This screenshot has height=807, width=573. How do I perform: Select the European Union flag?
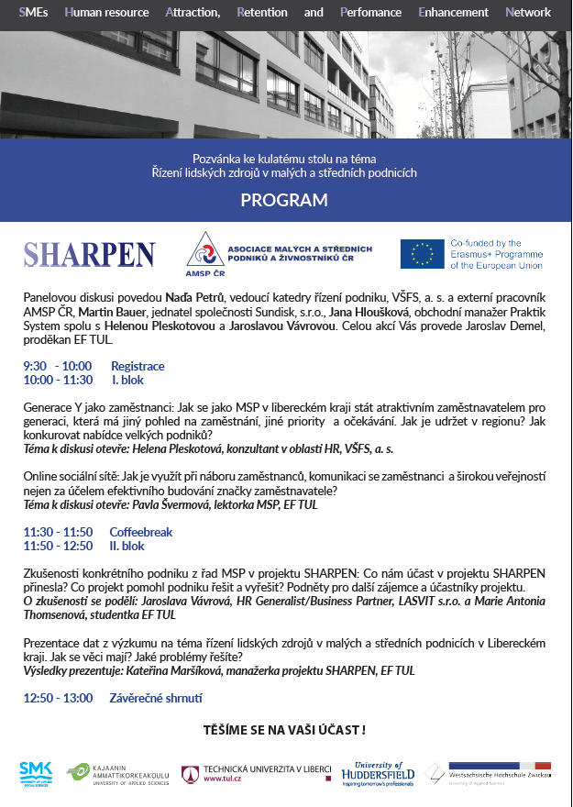pos(422,254)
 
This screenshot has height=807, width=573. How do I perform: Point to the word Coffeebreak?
pos(141,532)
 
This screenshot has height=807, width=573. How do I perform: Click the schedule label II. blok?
pos(127,546)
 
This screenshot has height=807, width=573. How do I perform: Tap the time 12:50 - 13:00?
pos(58,698)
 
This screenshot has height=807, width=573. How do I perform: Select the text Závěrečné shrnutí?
pos(156,698)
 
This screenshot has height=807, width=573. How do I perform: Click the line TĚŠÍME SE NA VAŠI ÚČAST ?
pos(284,730)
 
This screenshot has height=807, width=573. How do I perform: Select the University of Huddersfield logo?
pos(379,773)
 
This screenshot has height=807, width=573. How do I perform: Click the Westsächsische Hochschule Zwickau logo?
pos(489,773)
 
